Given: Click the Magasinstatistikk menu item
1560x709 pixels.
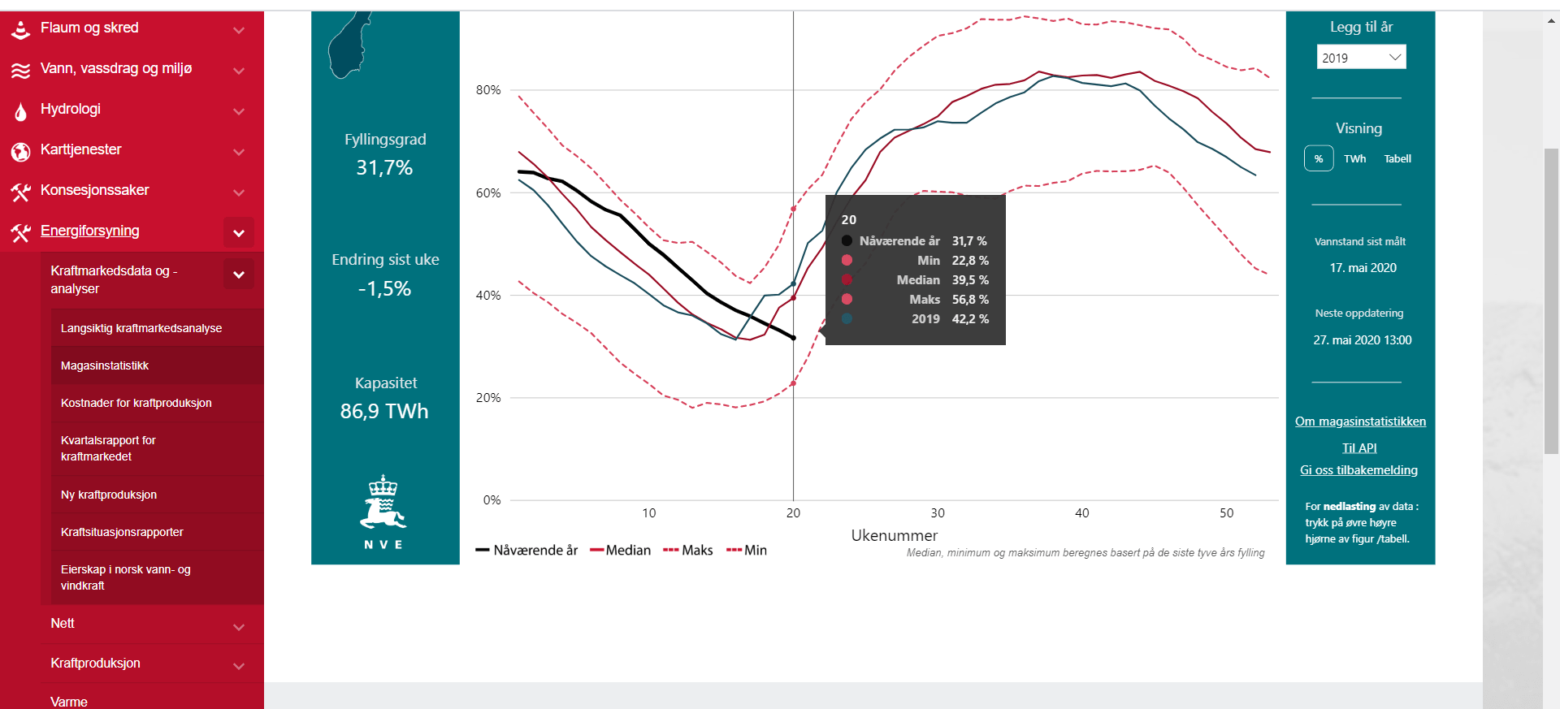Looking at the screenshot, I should [105, 365].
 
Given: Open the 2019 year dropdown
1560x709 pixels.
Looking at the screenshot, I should [1361, 58].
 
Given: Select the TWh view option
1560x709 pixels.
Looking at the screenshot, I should [1354, 158].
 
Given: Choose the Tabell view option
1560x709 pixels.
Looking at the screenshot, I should [1397, 158].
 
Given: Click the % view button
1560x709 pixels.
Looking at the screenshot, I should [1319, 158].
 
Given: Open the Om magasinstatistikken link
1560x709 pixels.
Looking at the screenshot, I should [1360, 422].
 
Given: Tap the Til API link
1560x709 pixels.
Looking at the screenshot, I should [1359, 447].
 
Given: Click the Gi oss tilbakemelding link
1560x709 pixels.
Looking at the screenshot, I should [1358, 470].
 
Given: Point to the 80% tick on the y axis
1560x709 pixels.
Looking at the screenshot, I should [488, 90].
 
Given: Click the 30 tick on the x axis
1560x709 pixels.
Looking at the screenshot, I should [938, 513].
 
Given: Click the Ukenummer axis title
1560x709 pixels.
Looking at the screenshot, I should [894, 535].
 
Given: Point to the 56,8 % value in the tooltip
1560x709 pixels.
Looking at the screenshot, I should [970, 300].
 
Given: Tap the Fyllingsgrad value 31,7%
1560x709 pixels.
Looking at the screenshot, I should [384, 168].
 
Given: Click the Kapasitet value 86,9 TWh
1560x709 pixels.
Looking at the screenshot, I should [384, 412].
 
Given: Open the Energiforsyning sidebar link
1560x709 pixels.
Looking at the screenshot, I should [90, 231].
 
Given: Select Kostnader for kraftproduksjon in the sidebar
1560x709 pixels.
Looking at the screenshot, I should [136, 403].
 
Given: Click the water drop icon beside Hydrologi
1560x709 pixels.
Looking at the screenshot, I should [20, 110].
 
